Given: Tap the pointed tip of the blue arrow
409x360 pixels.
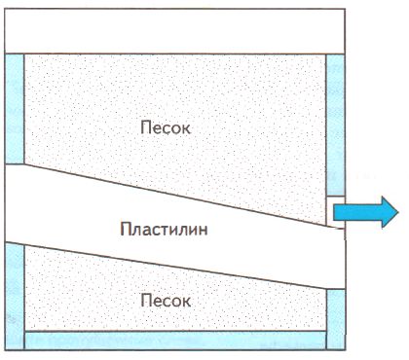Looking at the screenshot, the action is pyautogui.click(x=394, y=211).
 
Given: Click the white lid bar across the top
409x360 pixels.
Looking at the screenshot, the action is pyautogui.click(x=174, y=31).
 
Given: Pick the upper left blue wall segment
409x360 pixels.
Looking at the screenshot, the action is pyautogui.click(x=14, y=107).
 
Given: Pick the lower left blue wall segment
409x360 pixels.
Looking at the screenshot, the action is pyautogui.click(x=14, y=292).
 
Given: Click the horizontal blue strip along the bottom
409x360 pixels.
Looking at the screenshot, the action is pyautogui.click(x=174, y=340).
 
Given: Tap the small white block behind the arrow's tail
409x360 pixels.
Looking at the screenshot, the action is pyautogui.click(x=329, y=209).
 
